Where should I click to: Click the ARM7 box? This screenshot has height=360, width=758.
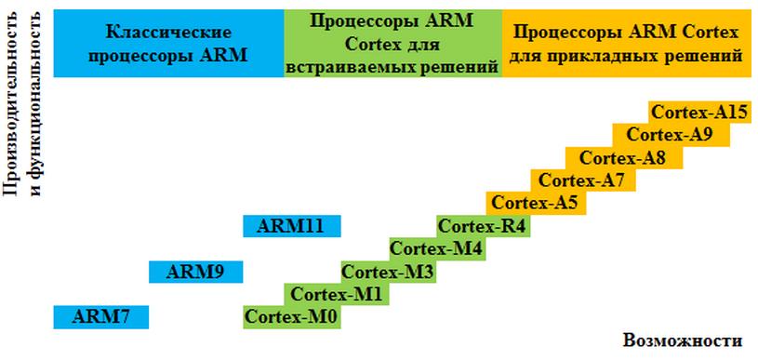tap(101, 317)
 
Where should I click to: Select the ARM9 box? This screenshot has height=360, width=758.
tap(196, 272)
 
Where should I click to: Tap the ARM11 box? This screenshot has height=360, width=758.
tap(292, 226)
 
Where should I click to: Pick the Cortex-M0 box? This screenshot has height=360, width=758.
tap(292, 317)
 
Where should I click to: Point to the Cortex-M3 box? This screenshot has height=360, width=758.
tap(389, 272)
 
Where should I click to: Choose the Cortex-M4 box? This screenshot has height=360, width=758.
tap(437, 249)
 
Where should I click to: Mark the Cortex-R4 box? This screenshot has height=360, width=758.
tap(484, 226)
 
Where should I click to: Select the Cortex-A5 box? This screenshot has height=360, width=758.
tap(536, 203)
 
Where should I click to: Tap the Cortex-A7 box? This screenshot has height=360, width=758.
tap(583, 180)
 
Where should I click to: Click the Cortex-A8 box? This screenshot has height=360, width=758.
tap(625, 158)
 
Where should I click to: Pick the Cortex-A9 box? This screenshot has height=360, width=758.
tap(672, 135)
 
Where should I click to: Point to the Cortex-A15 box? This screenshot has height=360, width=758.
tap(700, 113)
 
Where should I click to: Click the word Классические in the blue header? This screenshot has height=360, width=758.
tap(168, 33)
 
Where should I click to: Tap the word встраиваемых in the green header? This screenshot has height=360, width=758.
tap(343, 68)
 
